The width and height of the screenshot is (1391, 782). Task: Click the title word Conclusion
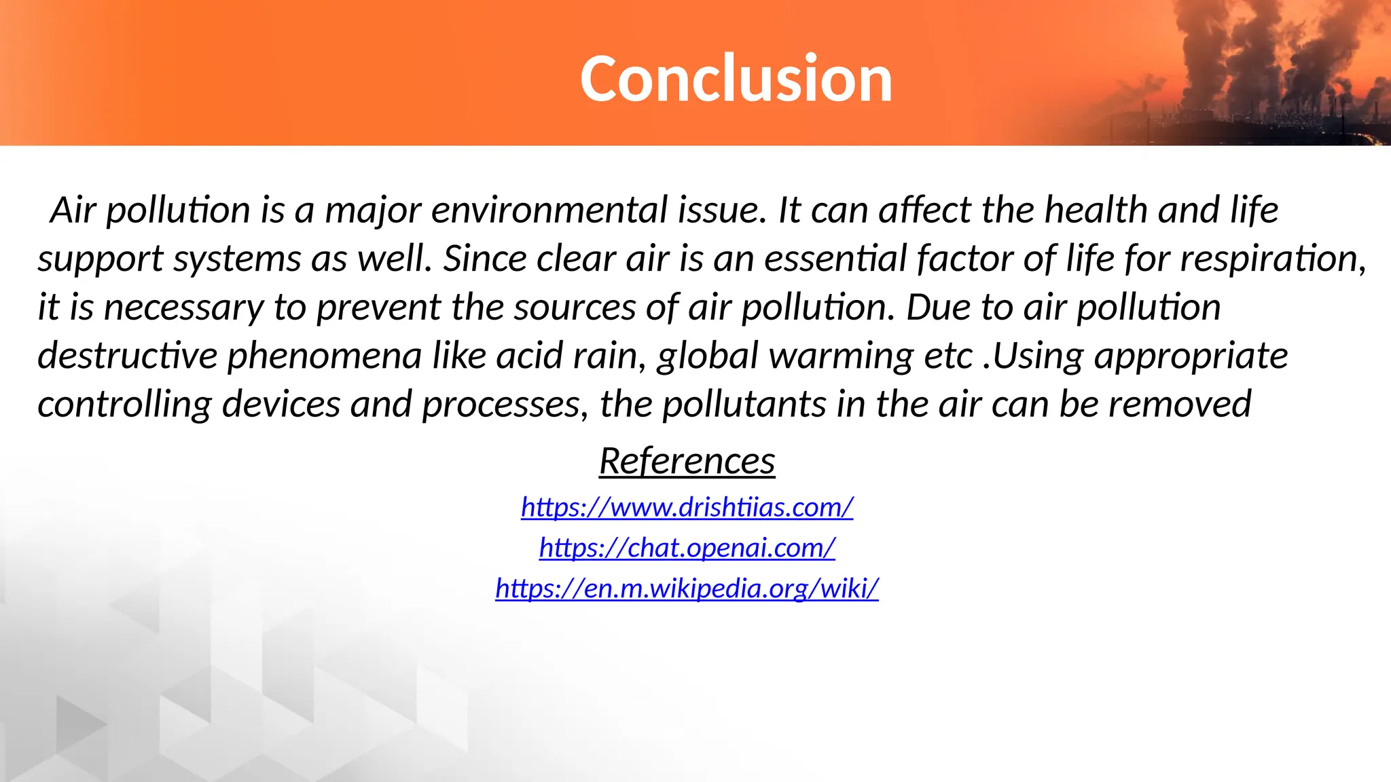pyautogui.click(x=736, y=79)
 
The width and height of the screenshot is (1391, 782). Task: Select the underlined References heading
pyautogui.click(x=687, y=462)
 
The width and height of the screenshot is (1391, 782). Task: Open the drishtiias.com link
pyautogui.click(x=687, y=507)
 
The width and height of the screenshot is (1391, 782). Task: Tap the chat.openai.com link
pyautogui.click(x=687, y=547)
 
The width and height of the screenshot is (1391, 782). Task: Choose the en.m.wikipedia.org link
pyautogui.click(x=687, y=587)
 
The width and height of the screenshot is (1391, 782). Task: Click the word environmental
pyautogui.click(x=549, y=210)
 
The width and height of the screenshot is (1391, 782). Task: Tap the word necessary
pyautogui.click(x=183, y=308)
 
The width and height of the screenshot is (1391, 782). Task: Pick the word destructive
pyautogui.click(x=127, y=356)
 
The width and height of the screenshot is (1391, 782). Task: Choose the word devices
pyautogui.click(x=281, y=405)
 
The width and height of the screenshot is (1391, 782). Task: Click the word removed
pyautogui.click(x=1180, y=405)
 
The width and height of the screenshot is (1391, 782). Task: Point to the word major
pyautogui.click(x=373, y=211)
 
